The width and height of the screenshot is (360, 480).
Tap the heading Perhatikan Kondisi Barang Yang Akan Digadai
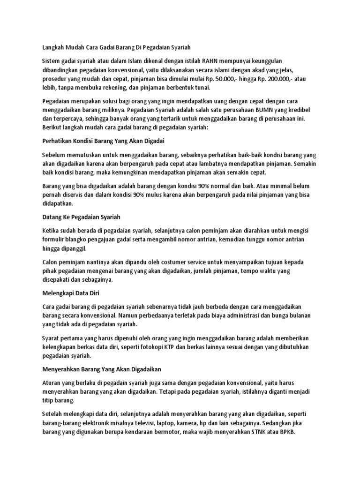tap(102, 141)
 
